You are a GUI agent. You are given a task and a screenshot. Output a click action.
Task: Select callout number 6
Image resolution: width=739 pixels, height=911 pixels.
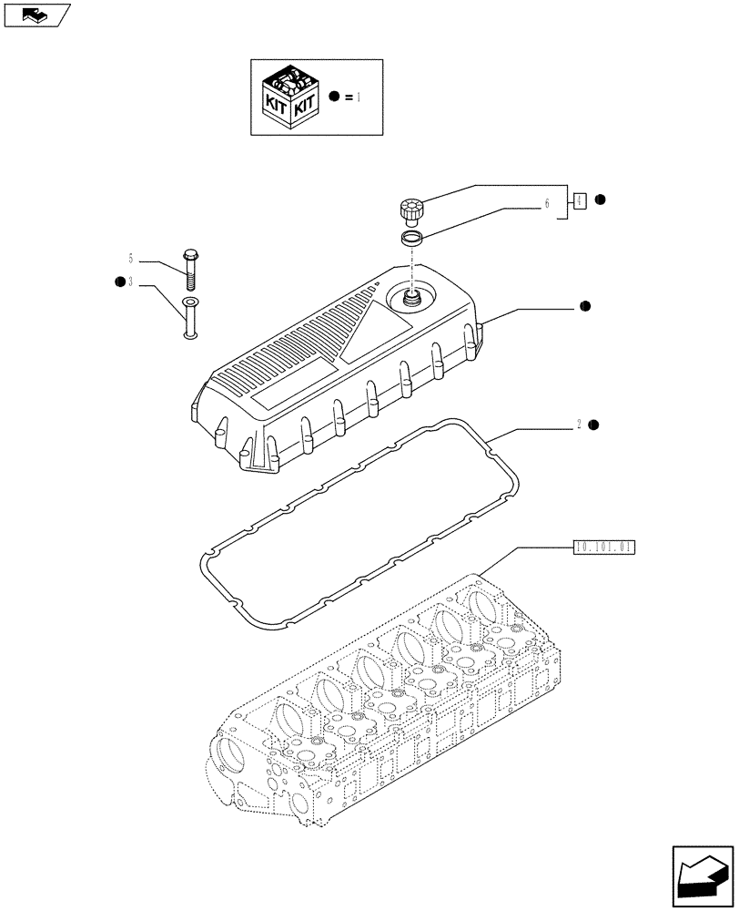click(547, 205)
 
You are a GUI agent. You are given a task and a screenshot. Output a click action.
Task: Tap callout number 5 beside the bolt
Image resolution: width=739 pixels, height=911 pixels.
click(131, 258)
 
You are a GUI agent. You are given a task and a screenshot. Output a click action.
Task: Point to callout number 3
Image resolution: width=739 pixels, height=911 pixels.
click(131, 282)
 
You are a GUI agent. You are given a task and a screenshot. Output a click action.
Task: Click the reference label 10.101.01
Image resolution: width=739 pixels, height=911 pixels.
click(604, 548)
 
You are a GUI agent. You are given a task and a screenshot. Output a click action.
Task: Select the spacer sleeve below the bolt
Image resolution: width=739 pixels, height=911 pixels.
click(189, 318)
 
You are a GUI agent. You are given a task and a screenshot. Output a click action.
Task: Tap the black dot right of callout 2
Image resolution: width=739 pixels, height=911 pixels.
click(593, 425)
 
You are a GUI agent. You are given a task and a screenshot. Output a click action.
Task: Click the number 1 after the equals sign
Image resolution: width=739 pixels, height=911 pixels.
click(359, 97)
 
